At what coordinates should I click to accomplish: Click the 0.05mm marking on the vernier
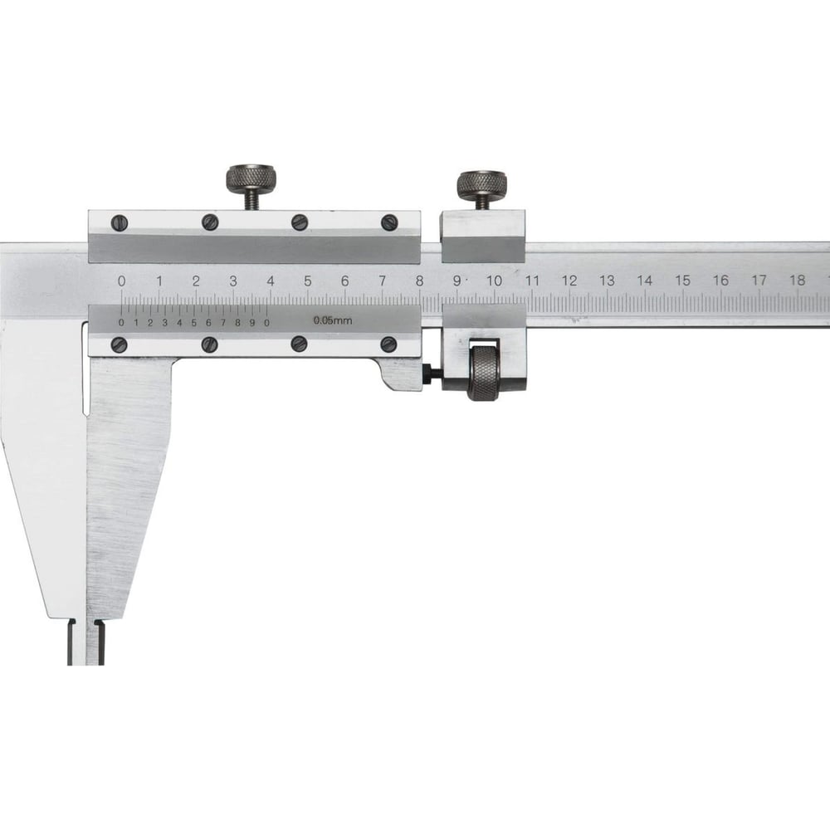(x=333, y=320)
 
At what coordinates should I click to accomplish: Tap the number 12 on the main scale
(x=569, y=281)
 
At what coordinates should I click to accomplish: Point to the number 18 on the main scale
(x=797, y=280)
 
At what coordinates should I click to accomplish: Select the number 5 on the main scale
(x=308, y=281)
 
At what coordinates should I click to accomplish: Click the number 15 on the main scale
(x=683, y=281)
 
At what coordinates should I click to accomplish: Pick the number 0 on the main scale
(x=122, y=281)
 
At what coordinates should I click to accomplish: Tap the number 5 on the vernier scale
(x=193, y=322)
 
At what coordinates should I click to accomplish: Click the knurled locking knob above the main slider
(x=252, y=178)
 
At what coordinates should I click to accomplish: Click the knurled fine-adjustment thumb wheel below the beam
(x=483, y=373)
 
